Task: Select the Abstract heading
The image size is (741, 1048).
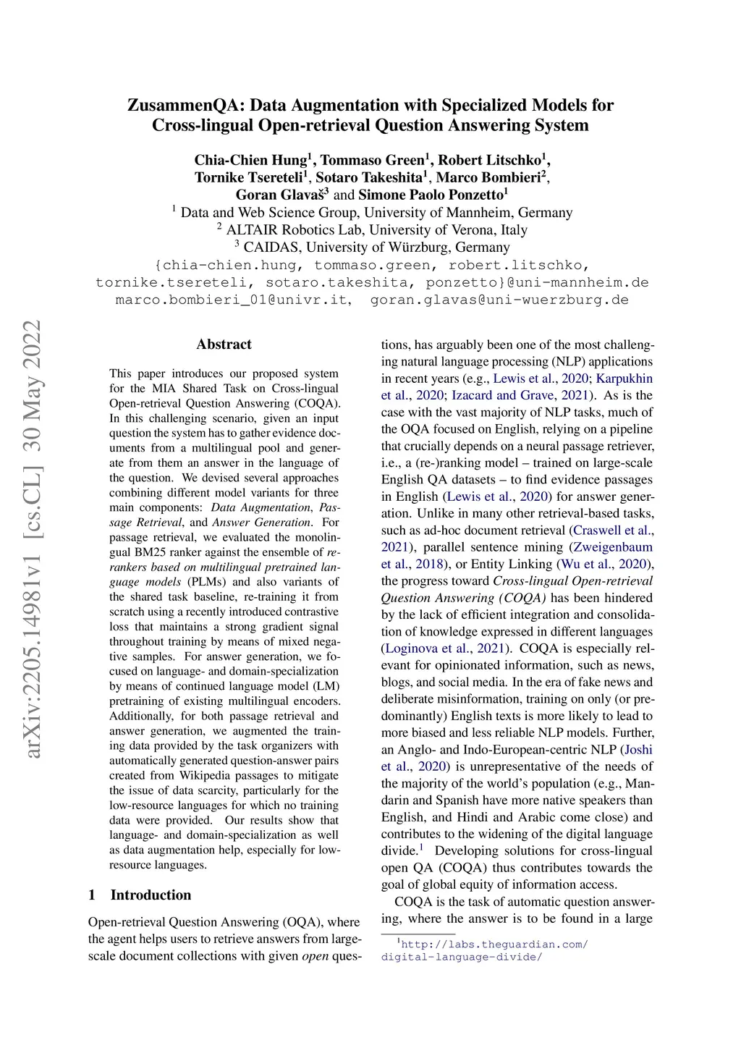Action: [x=224, y=345]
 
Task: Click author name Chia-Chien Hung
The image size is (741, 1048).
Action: [x=250, y=160]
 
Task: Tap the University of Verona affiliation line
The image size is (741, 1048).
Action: [x=376, y=230]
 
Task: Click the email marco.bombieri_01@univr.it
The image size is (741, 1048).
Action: [x=232, y=300]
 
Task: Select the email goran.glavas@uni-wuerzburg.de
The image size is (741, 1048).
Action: [x=499, y=300]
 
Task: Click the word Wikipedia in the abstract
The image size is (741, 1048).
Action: [x=201, y=776]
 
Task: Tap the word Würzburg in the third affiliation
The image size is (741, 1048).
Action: [x=408, y=248]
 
